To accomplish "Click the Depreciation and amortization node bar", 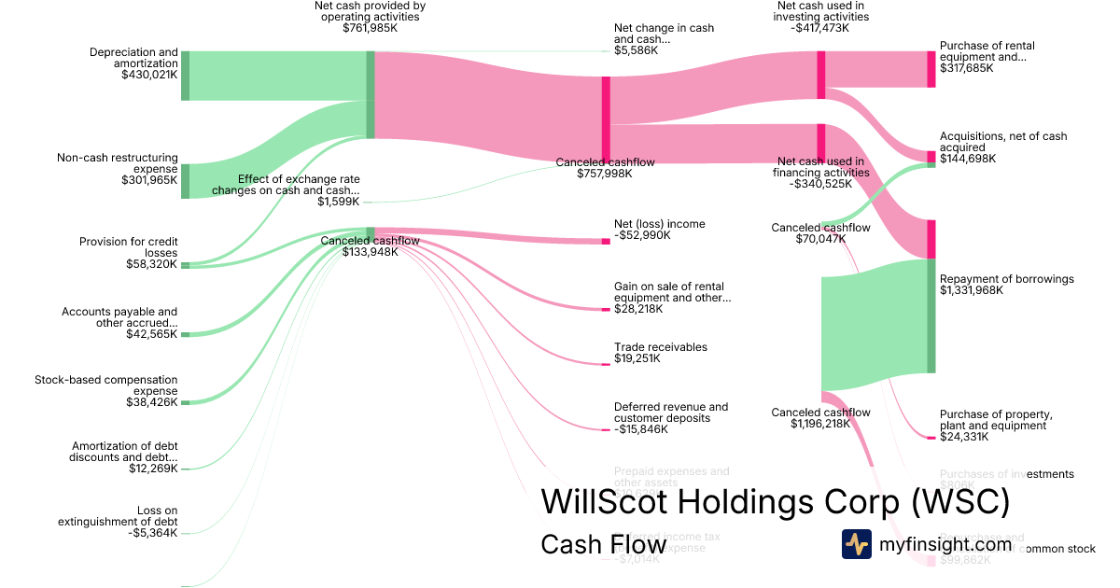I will [185, 76].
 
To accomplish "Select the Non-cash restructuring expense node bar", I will [185, 181].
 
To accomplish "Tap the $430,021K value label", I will [149, 75].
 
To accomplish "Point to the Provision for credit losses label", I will [129, 247].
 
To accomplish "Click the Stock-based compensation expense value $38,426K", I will [151, 402].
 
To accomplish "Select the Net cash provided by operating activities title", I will [370, 11].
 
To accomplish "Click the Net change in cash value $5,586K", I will [636, 50].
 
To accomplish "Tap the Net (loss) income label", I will [659, 224].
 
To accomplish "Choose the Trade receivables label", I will [660, 347].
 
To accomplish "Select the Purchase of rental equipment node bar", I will [931, 69].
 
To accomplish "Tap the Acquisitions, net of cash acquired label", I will [1002, 142].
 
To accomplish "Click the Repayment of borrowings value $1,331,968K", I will [972, 291].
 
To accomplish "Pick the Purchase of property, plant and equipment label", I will [996, 420].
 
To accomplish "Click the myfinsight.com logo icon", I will [856, 544].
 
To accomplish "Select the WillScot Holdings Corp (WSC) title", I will [775, 502].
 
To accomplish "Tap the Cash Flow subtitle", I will [603, 545].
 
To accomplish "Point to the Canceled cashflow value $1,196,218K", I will [821, 425].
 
